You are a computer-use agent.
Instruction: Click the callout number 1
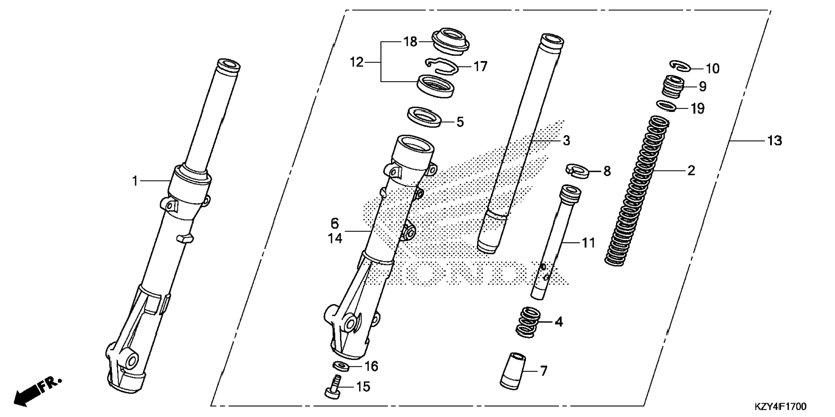tap(135, 181)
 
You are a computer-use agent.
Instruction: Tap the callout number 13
tap(775, 141)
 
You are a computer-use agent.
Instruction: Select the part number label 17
tap(480, 66)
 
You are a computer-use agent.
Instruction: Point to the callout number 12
tap(357, 63)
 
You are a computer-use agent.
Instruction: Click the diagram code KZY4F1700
tap(780, 406)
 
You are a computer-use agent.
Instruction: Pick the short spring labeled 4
tap(528, 322)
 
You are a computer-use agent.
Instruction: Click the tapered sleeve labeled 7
tap(513, 371)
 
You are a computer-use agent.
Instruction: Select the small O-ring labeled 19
tap(667, 106)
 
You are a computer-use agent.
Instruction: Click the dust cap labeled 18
tap(450, 40)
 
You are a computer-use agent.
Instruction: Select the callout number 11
tap(588, 243)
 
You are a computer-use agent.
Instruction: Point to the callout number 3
tap(566, 141)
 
